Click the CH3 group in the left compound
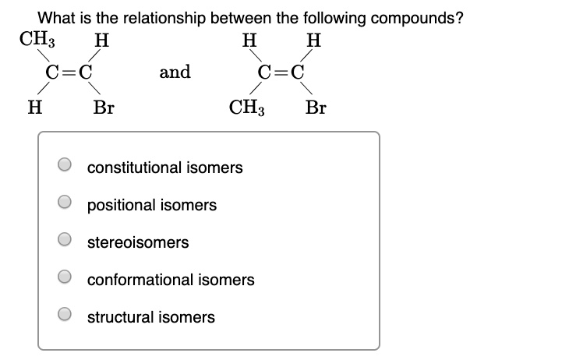click(x=34, y=39)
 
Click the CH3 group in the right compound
click(x=248, y=107)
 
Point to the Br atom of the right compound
click(x=316, y=107)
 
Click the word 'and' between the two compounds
click(x=175, y=72)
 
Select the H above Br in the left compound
click(x=101, y=39)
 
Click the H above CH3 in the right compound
click(x=248, y=39)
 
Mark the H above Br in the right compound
click(x=313, y=39)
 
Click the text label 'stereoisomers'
click(x=138, y=242)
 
